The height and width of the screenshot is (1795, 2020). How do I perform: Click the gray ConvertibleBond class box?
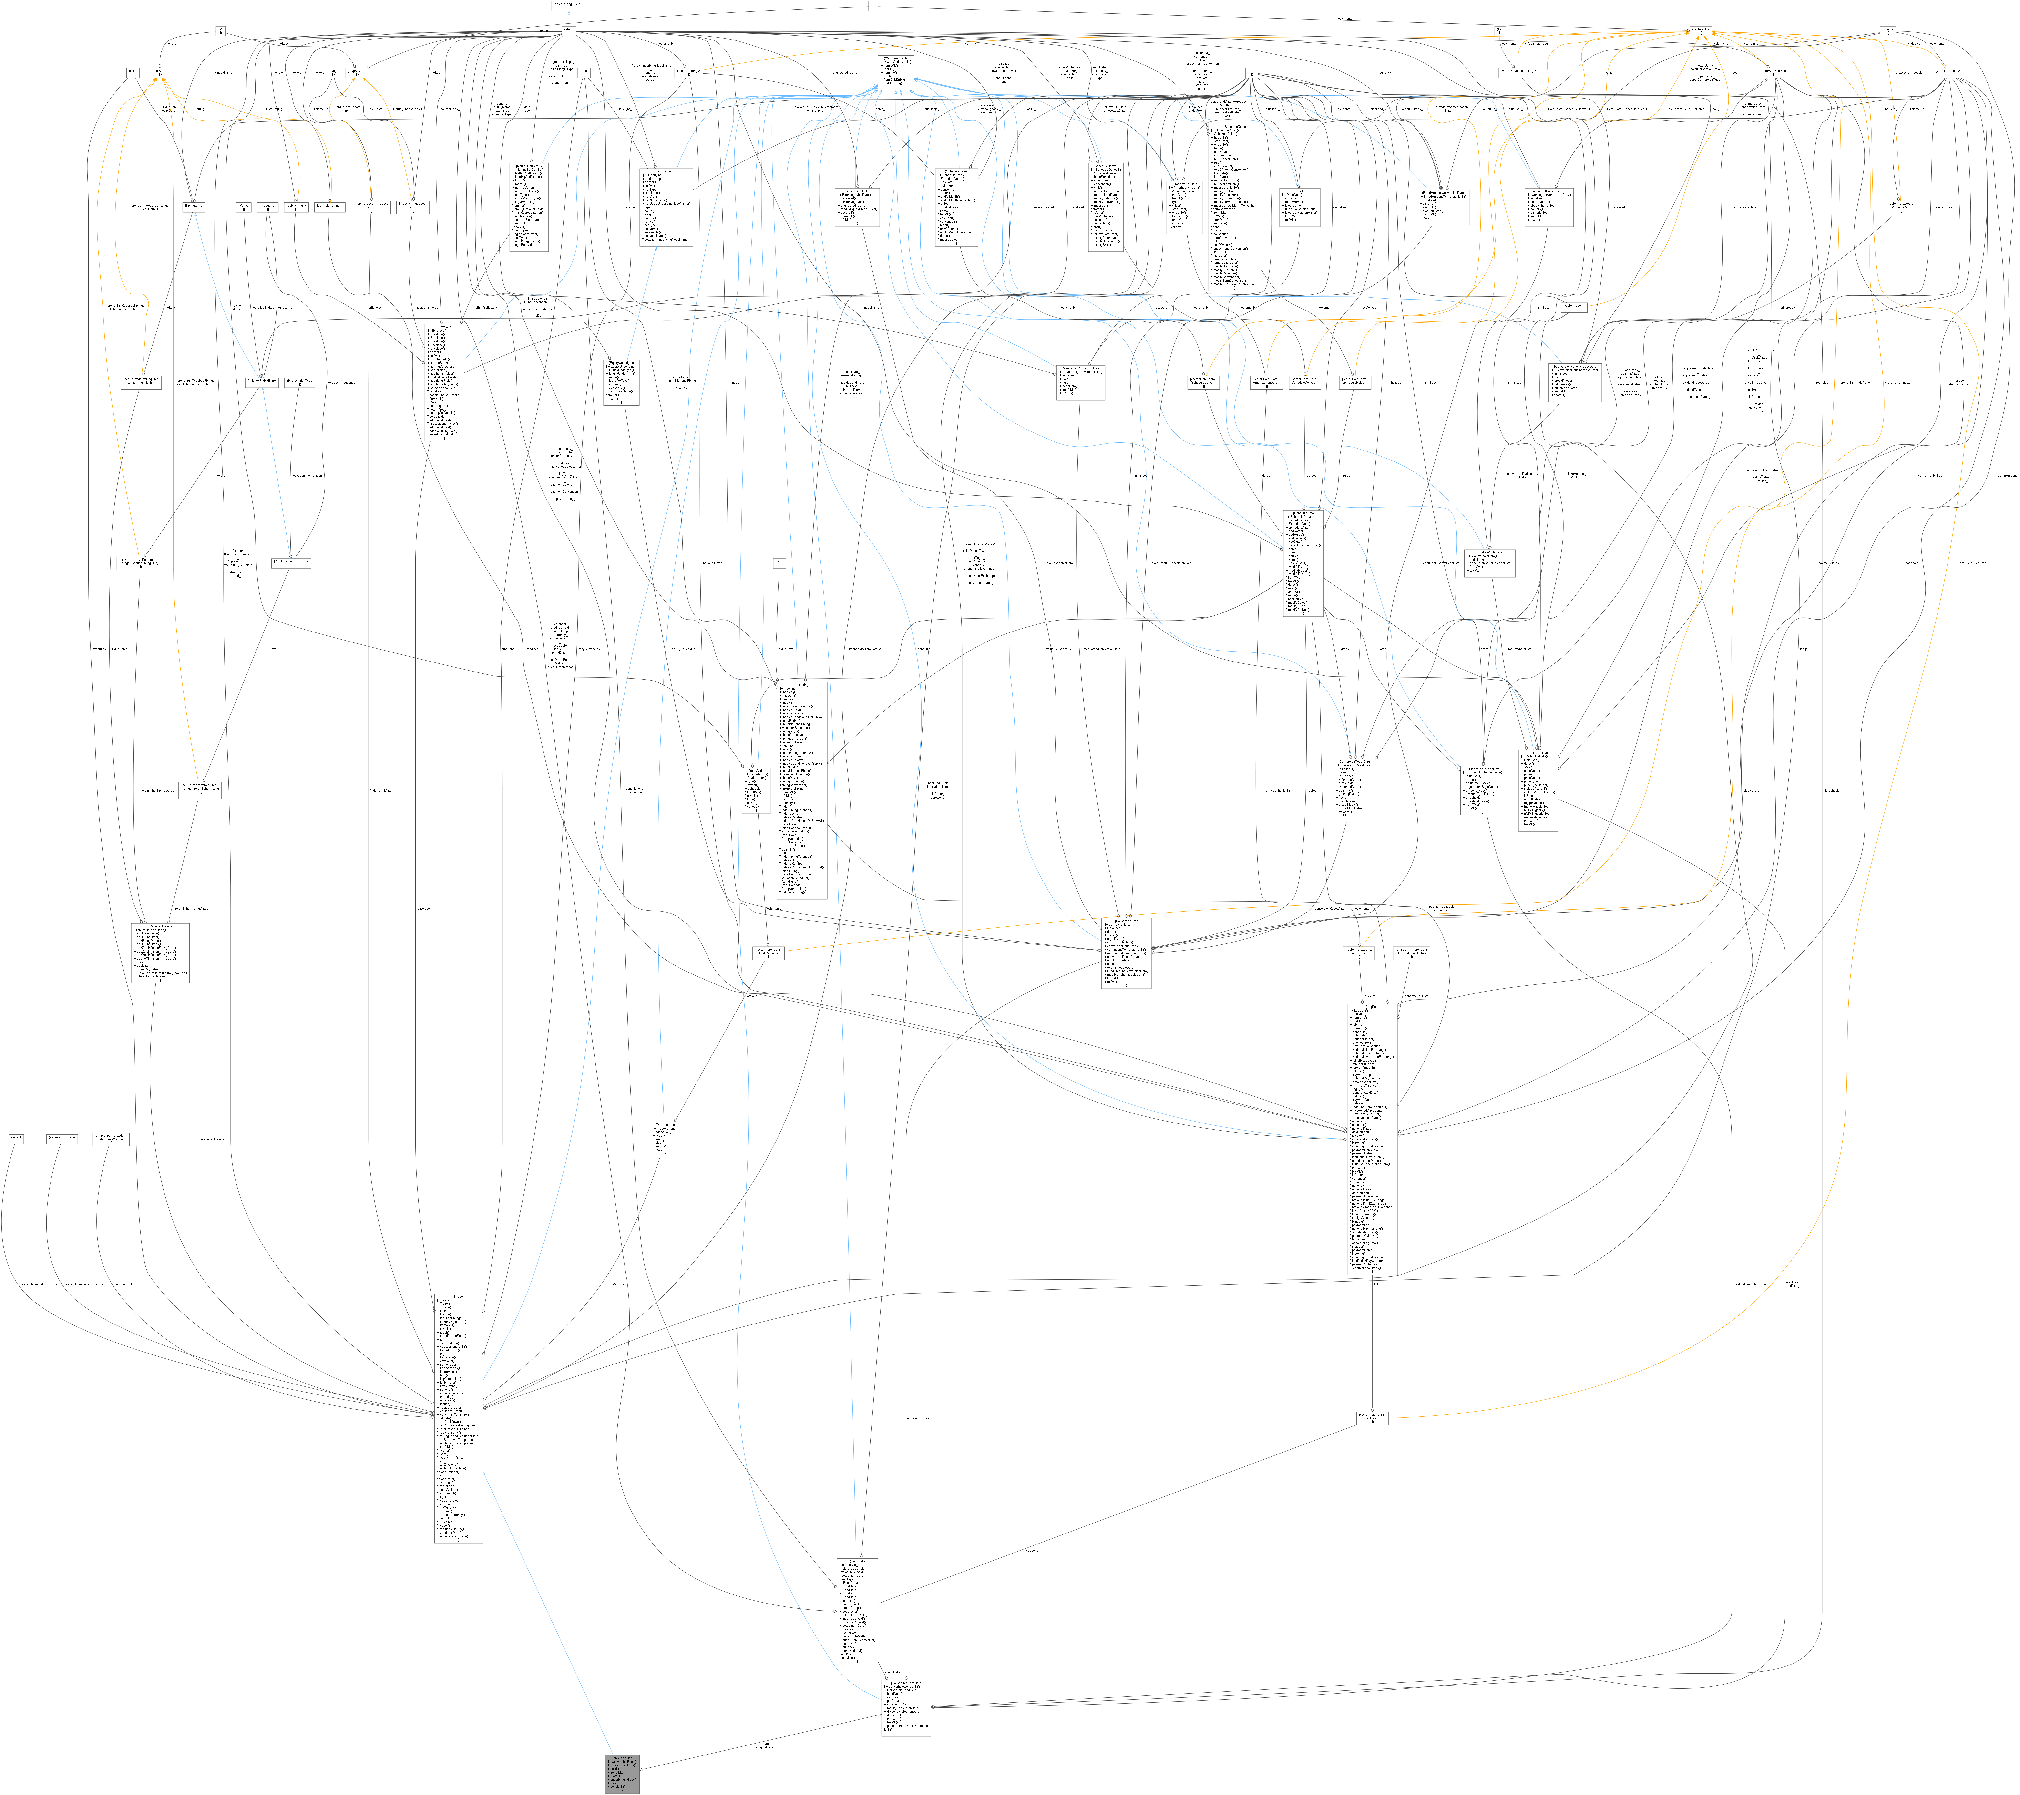pyautogui.click(x=623, y=1773)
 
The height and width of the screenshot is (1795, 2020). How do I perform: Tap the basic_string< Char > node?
pyautogui.click(x=568, y=5)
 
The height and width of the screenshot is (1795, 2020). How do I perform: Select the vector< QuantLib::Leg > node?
pyautogui.click(x=1519, y=72)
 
